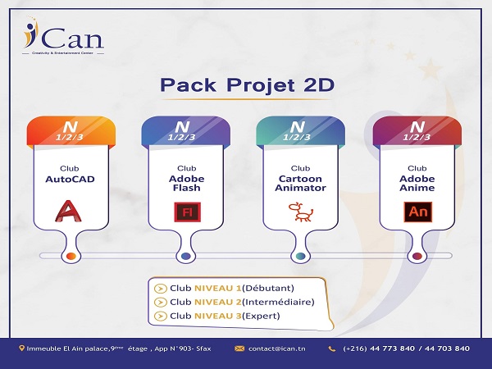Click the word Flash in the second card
pyautogui.click(x=187, y=187)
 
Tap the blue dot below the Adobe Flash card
pyautogui.click(x=186, y=257)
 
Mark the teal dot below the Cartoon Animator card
pyautogui.click(x=302, y=257)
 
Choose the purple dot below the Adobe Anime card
pyautogui.click(x=417, y=257)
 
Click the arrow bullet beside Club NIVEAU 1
pyautogui.click(x=161, y=288)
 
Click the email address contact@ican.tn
pyautogui.click(x=273, y=348)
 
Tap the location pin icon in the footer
pyautogui.click(x=21, y=348)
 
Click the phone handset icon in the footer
pyautogui.click(x=331, y=348)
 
